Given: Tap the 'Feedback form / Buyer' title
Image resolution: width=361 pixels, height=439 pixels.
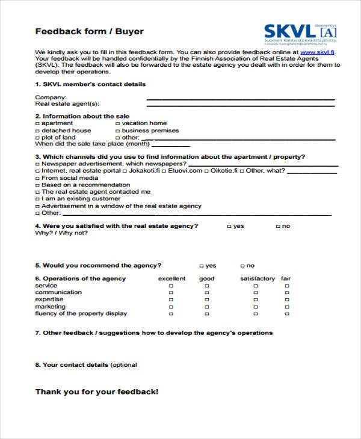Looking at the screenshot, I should pyautogui.click(x=90, y=31).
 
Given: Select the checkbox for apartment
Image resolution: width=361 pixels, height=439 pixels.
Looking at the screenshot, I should pyautogui.click(x=37, y=123).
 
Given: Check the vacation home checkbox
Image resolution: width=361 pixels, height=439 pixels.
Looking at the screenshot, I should pyautogui.click(x=117, y=123).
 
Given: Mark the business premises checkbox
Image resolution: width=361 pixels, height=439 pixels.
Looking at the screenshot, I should pyautogui.click(x=117, y=130).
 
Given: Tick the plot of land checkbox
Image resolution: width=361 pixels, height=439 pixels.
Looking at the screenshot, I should pyautogui.click(x=37, y=138).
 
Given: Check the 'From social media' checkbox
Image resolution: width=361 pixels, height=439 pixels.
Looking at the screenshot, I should pyautogui.click(x=37, y=178).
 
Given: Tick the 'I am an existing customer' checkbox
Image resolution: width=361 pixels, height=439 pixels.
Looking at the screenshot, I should pyautogui.click(x=37, y=199).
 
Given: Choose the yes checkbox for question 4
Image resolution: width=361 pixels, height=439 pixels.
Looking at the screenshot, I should pyautogui.click(x=229, y=227).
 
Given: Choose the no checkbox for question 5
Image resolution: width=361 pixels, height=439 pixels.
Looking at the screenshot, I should pyautogui.click(x=242, y=266).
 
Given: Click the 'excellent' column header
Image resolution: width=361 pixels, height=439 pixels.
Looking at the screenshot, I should pyautogui.click(x=171, y=279).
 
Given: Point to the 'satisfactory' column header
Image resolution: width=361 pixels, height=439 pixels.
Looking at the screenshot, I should pyautogui.click(x=257, y=279).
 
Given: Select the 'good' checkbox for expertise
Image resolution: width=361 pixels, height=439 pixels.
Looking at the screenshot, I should pyautogui.click(x=206, y=300).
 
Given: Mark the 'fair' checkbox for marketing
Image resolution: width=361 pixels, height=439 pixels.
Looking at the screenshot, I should pyautogui.click(x=285, y=307).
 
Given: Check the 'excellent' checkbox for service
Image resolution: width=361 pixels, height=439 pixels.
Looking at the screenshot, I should pyautogui.click(x=171, y=286).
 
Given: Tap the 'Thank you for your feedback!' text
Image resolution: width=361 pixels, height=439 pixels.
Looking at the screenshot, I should pyautogui.click(x=97, y=391).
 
